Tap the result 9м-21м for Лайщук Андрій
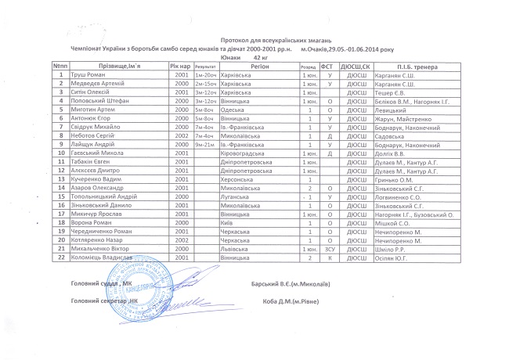point(205,145)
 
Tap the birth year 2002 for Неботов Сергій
point(182,136)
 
